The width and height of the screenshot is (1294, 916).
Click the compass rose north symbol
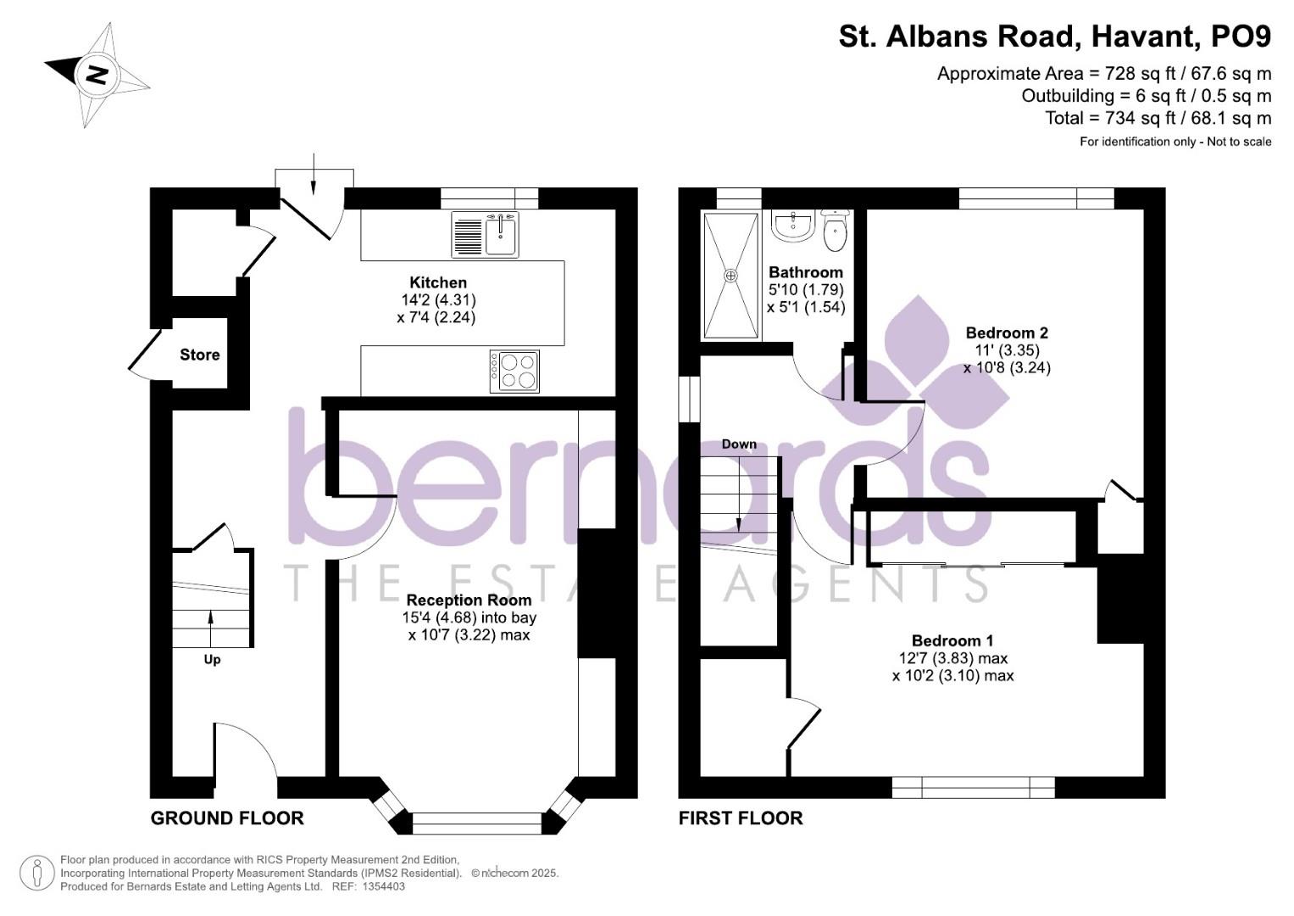[97, 75]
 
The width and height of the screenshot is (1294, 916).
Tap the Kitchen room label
[438, 282]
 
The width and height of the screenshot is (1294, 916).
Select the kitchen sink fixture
[486, 234]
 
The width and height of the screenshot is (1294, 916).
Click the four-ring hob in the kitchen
[514, 371]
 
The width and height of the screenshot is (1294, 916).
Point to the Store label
[199, 355]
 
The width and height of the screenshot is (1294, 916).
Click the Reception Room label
[469, 600]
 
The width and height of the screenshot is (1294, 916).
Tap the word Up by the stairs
[212, 660]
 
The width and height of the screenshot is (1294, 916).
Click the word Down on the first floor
[739, 444]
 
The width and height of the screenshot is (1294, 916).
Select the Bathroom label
[806, 272]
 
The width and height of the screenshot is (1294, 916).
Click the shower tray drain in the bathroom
[730, 276]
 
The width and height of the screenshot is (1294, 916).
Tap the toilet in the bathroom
[835, 230]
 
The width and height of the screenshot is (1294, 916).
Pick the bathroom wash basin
[794, 226]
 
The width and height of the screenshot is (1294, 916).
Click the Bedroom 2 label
[1007, 333]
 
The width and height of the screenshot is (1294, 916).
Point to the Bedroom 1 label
[952, 640]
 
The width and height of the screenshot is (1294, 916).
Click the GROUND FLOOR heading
[227, 818]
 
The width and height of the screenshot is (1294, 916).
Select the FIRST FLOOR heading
[741, 818]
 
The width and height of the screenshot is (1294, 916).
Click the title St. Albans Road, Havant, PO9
[1055, 36]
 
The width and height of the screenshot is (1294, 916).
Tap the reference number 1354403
[384, 886]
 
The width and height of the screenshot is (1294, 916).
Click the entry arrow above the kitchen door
[314, 174]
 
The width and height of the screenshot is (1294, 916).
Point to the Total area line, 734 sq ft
[1158, 118]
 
